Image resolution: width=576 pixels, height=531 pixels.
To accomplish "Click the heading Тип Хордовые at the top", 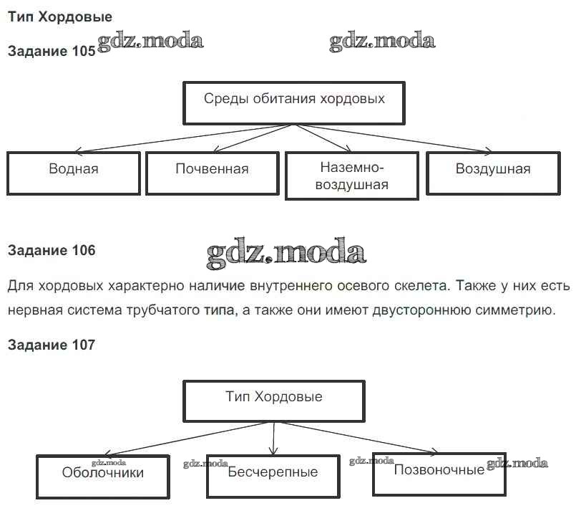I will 60,16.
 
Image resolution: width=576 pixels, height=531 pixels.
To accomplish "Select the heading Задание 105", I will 51,52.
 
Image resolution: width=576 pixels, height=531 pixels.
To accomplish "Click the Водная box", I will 74,171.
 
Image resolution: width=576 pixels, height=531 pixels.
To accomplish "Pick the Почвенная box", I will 212,171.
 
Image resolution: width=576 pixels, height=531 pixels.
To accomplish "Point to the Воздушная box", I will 492,171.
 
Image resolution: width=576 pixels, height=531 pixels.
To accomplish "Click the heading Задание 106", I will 51,251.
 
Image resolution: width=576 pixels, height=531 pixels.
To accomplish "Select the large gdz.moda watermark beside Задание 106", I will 286,252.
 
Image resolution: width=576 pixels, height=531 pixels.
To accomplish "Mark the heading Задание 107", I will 51,345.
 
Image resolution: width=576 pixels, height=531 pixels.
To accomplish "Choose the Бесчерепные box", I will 273,474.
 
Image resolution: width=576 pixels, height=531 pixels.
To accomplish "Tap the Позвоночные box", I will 439,472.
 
